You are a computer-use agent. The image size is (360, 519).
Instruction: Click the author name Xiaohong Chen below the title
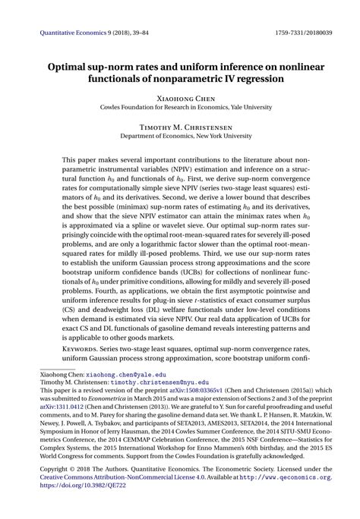pos(180,98)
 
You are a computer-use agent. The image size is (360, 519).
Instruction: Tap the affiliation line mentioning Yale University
pos(180,108)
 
